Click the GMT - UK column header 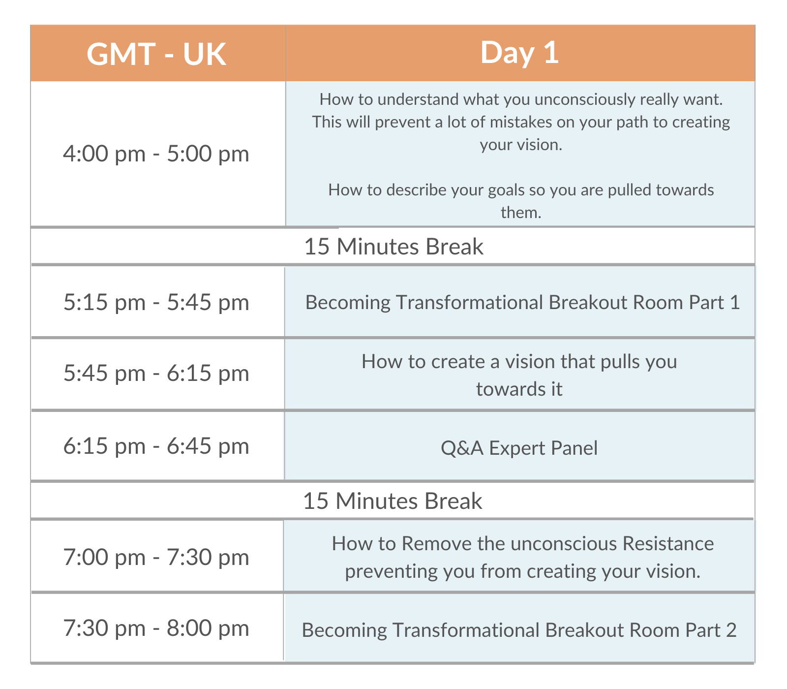[156, 54]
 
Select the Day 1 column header [519, 53]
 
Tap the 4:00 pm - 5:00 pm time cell [156, 154]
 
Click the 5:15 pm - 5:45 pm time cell [156, 302]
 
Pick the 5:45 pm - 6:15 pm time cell [156, 373]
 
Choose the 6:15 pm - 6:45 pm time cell [156, 446]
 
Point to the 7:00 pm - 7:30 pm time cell [156, 557]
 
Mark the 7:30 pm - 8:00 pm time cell [156, 628]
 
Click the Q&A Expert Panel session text [519, 448]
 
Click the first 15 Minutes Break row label [393, 247]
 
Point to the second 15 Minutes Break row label [393, 501]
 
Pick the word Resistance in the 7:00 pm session [668, 543]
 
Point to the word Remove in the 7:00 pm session [437, 543]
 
